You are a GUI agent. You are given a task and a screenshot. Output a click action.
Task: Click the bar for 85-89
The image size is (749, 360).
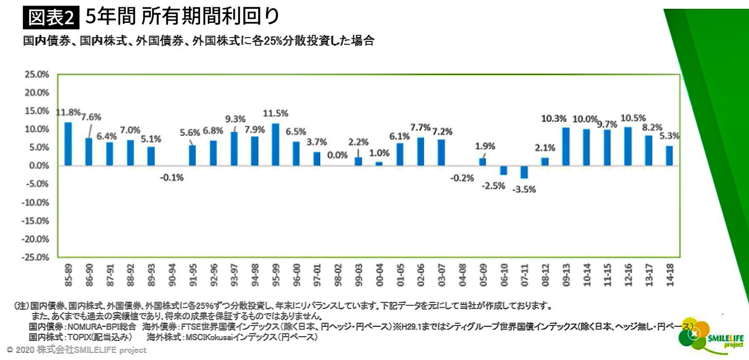[68, 144]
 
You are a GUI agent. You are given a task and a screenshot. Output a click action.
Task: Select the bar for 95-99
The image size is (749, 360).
[275, 144]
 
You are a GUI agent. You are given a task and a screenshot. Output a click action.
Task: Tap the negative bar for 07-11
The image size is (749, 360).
[524, 172]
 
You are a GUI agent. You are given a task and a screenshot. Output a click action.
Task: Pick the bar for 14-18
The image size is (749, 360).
[669, 155]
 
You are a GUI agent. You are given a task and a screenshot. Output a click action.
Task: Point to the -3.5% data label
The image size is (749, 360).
[524, 189]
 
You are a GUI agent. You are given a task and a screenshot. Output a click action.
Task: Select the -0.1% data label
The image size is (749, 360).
[172, 178]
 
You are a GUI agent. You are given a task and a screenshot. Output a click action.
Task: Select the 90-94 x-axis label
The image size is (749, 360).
[172, 275]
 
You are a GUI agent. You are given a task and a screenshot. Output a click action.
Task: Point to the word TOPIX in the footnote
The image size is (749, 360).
[80, 338]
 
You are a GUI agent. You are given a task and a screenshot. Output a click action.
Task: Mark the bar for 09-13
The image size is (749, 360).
[566, 146]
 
